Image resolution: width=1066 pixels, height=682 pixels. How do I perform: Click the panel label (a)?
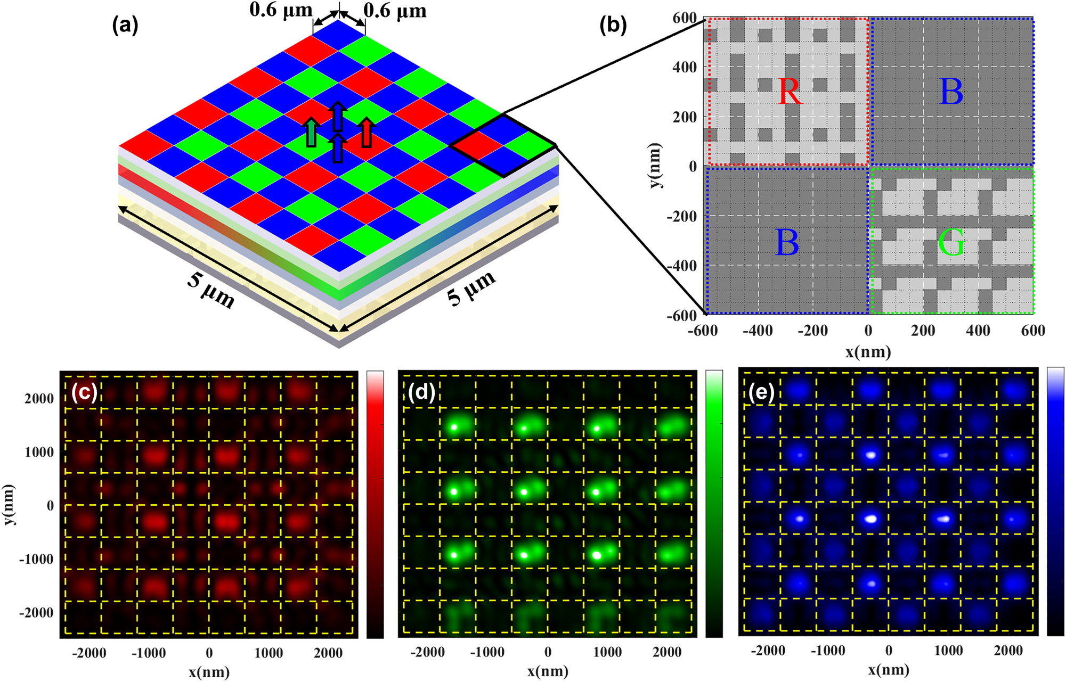tap(125, 25)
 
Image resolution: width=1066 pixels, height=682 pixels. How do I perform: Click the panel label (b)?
tap(613, 25)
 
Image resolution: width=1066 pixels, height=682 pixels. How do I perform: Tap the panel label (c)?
tap(84, 392)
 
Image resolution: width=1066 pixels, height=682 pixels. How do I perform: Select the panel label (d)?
tap(421, 392)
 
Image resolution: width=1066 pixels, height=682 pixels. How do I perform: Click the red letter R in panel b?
tap(789, 92)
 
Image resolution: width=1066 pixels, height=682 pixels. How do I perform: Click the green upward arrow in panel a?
tap(311, 133)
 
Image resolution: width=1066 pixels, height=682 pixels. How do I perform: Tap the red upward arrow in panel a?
tap(366, 132)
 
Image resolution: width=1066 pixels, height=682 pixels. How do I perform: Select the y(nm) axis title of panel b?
tap(656, 166)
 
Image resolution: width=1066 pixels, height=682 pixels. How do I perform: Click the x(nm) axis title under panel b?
tap(868, 352)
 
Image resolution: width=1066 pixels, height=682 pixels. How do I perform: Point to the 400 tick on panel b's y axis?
tap(685, 67)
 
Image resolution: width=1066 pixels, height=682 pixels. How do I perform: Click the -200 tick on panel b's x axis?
tap(812, 331)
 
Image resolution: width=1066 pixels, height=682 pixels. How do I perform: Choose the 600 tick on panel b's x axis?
tap(1032, 331)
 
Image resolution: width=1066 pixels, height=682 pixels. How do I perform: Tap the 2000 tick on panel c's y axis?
tap(39, 398)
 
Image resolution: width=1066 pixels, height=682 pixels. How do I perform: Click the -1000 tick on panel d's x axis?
tap(487, 652)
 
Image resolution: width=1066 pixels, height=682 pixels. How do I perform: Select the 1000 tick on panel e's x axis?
tap(948, 651)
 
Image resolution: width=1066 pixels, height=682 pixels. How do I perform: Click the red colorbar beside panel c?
tap(375, 504)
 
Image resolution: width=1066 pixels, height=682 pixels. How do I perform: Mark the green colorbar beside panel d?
tap(714, 504)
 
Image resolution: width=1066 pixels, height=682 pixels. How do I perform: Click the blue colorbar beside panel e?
tap(1055, 501)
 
